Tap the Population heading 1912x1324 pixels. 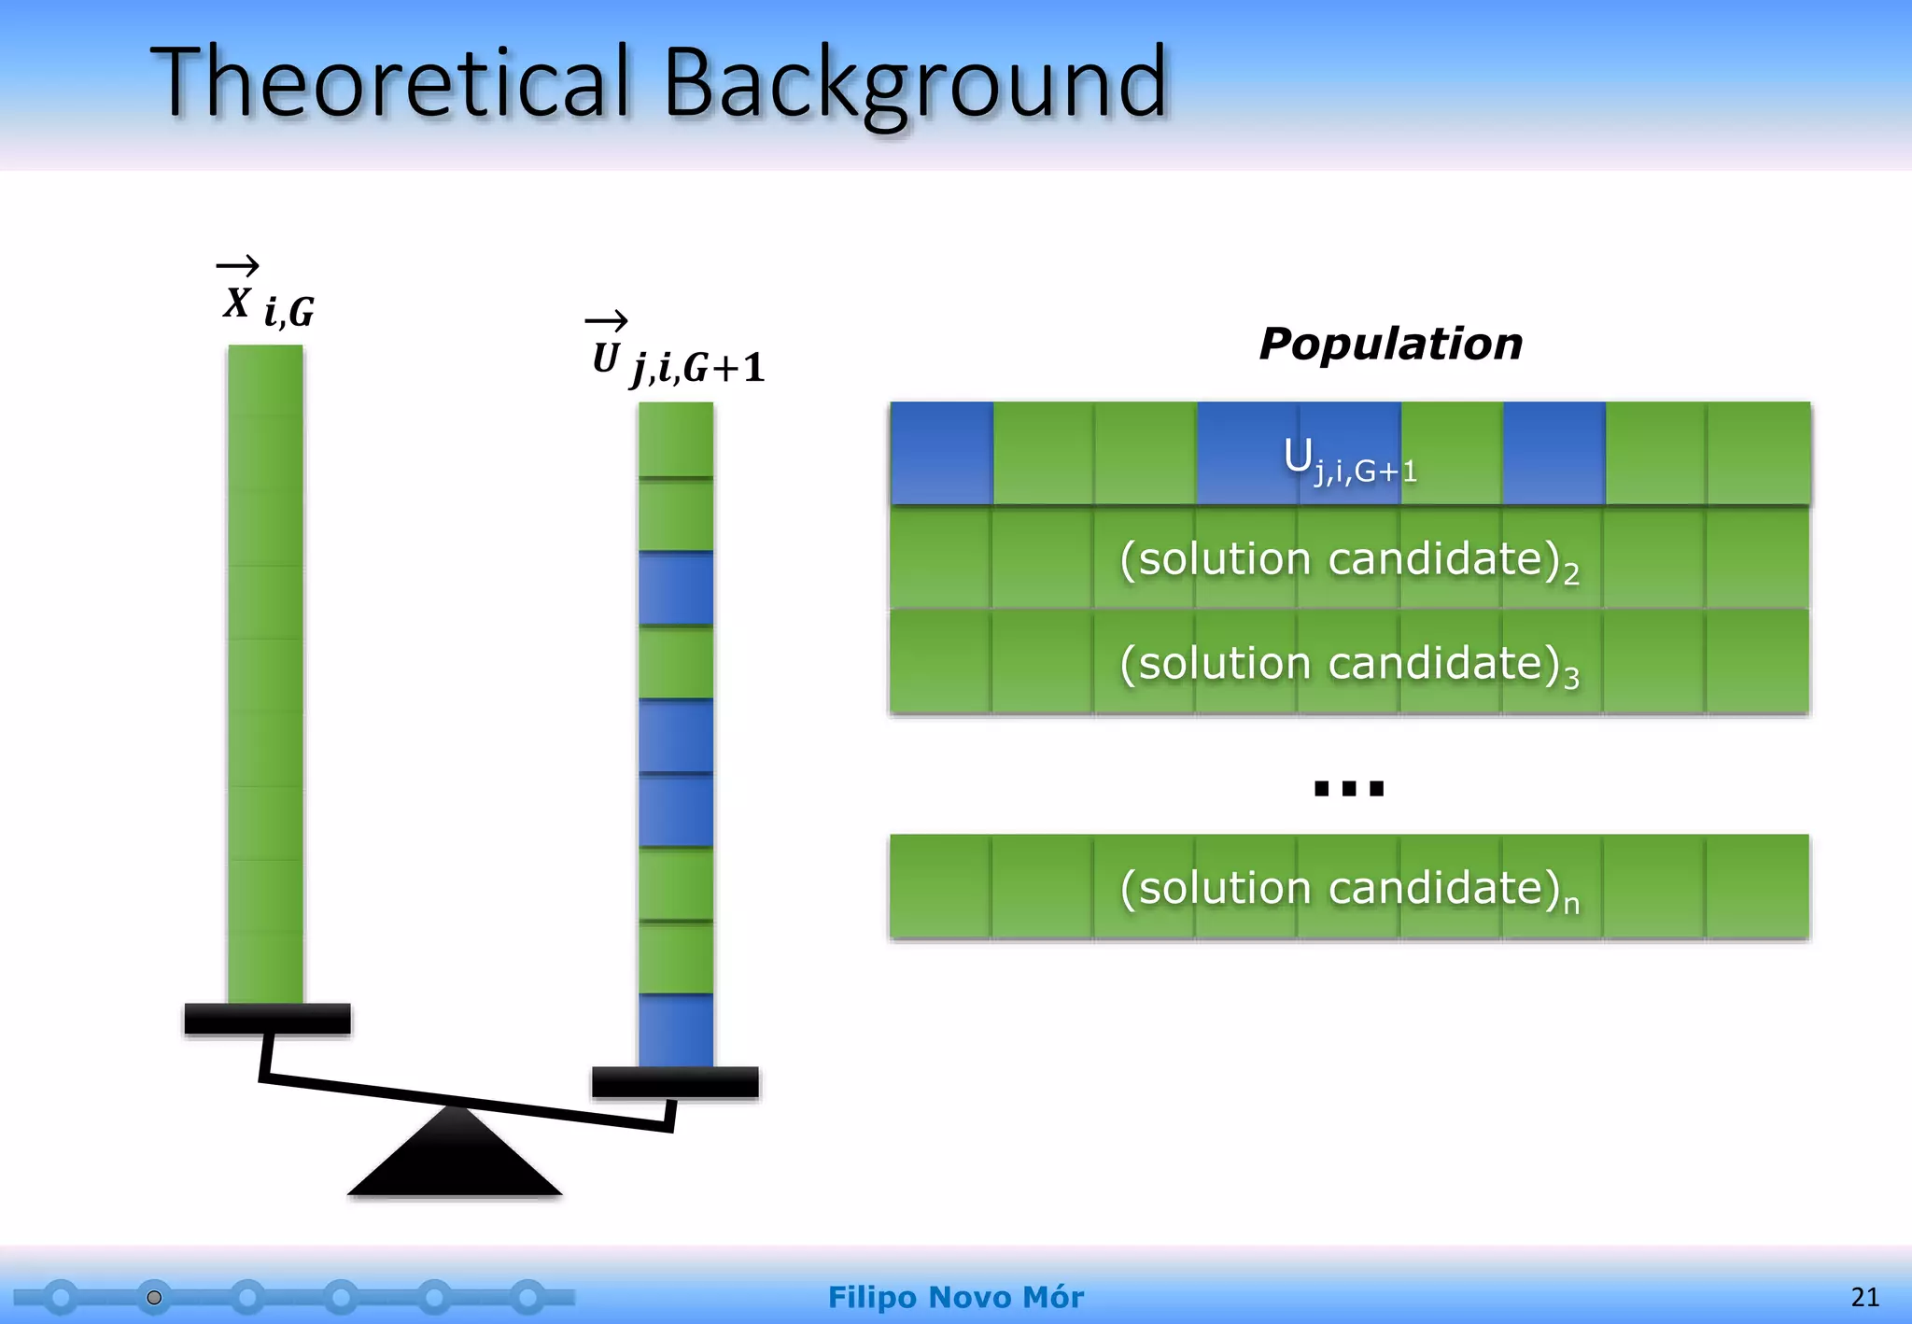coord(1390,344)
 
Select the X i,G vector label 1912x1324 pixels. coord(266,297)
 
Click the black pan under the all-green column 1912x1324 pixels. coord(267,1019)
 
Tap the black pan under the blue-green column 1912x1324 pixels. coord(675,1082)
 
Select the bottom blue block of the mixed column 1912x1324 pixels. coord(675,1030)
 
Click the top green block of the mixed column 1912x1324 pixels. coord(675,439)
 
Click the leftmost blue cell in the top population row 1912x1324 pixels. coord(941,454)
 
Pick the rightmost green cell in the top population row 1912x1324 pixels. coord(1758,454)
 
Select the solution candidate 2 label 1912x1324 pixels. coord(1349,560)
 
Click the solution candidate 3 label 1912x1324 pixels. coord(1349,664)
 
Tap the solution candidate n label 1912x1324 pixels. coord(1349,888)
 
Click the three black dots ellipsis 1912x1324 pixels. coord(1348,789)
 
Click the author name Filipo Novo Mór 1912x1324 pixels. coord(955,1297)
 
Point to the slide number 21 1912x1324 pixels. coord(1864,1297)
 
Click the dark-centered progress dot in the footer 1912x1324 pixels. coord(154,1298)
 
